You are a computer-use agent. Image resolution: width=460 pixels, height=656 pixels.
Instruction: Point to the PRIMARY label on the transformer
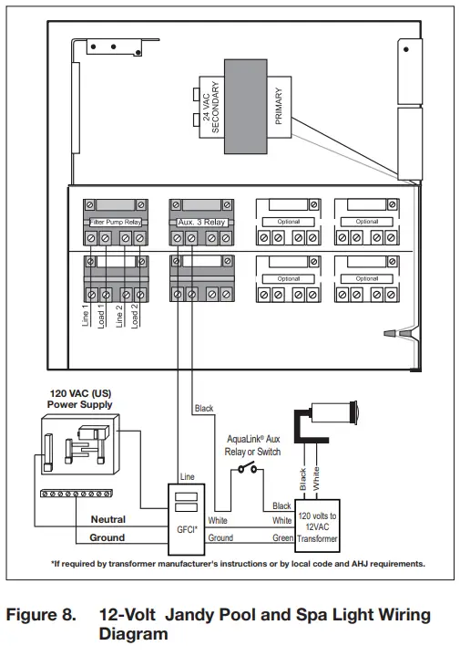(278, 106)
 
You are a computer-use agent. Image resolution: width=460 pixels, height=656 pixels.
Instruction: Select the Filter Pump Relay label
(114, 222)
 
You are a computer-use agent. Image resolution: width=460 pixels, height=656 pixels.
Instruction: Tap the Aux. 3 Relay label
(200, 222)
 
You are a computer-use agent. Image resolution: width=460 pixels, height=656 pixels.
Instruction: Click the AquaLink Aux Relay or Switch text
(253, 445)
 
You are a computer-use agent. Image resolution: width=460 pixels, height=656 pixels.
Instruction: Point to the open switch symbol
(247, 471)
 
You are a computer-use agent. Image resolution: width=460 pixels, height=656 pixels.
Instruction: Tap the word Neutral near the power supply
(107, 519)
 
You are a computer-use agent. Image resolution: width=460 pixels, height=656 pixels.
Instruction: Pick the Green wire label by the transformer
(281, 538)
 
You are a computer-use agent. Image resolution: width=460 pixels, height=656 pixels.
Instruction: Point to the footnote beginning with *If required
(237, 563)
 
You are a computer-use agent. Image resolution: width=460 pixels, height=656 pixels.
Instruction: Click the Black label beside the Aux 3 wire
(204, 409)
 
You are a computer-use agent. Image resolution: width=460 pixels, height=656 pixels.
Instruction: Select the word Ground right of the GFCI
(221, 538)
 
